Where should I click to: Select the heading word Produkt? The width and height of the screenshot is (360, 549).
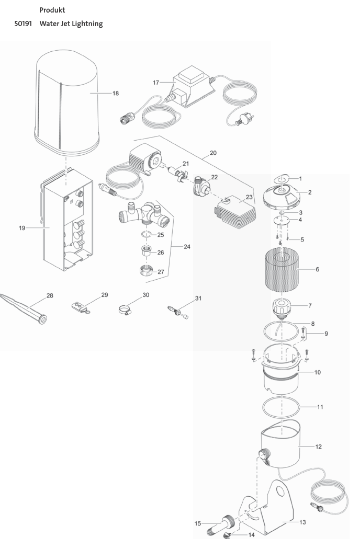tap(52, 10)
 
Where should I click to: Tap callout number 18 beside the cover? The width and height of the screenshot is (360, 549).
tap(116, 93)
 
